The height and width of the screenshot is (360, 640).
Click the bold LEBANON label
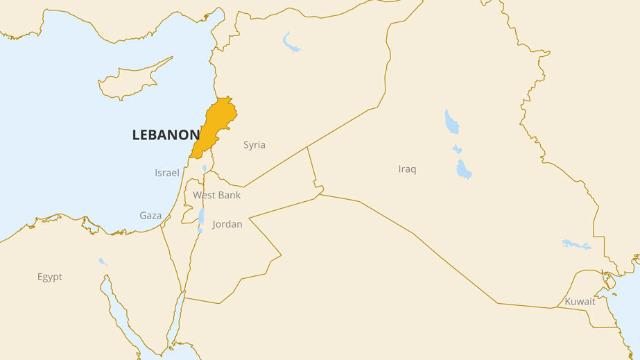click(x=166, y=135)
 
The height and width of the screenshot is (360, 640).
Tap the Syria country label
click(x=254, y=145)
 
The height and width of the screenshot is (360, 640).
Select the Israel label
click(x=167, y=173)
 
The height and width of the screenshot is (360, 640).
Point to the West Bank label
click(x=217, y=195)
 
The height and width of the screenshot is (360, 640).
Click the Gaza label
click(x=150, y=216)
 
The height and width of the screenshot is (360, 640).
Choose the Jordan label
click(x=227, y=224)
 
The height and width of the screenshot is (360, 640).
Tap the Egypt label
click(x=50, y=277)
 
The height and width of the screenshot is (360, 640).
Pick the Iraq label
click(x=408, y=169)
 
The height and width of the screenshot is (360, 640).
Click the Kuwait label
click(x=580, y=302)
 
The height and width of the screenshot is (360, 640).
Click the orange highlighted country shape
click(x=216, y=125)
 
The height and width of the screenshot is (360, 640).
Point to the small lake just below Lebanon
click(x=205, y=168)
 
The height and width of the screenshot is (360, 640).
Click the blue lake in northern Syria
click(x=291, y=42)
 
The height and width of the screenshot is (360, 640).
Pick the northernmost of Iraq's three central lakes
click(x=451, y=122)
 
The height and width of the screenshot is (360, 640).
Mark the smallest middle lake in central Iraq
click(x=457, y=148)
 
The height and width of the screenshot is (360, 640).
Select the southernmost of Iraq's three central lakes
click(x=463, y=169)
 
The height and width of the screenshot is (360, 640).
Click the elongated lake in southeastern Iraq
click(x=576, y=245)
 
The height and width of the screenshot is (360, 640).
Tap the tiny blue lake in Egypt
click(x=103, y=262)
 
